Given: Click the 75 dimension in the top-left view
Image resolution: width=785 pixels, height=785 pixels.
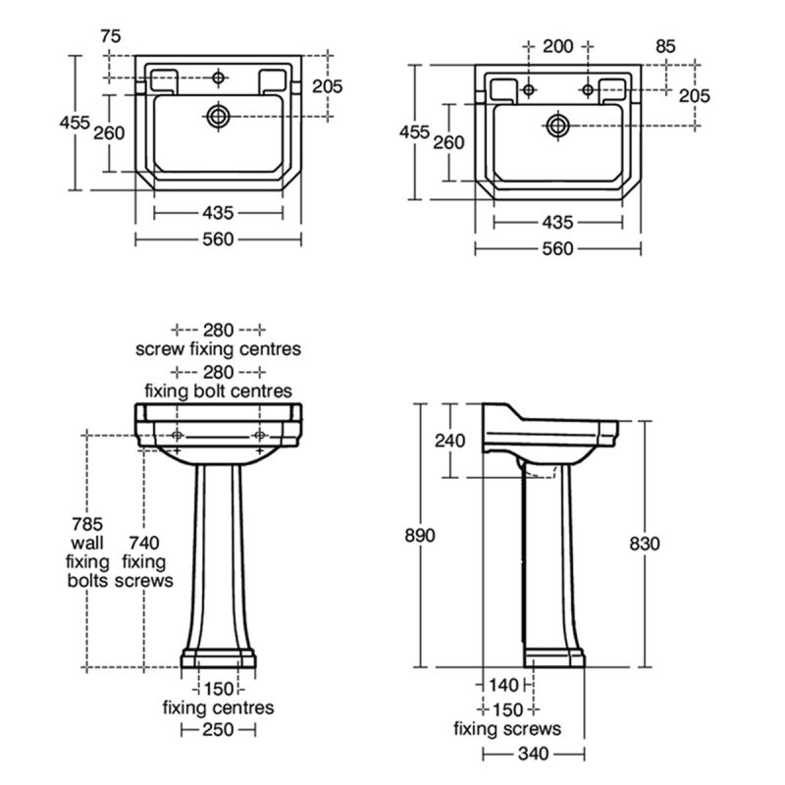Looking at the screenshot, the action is (111, 36).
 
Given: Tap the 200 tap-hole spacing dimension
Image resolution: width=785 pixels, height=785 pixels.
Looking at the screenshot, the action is (557, 46).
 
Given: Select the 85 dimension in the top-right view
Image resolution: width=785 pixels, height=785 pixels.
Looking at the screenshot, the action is (665, 46).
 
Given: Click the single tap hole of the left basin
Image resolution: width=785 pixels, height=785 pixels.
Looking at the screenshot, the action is (218, 78).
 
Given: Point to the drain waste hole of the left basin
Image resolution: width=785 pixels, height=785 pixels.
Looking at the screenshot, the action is (218, 117).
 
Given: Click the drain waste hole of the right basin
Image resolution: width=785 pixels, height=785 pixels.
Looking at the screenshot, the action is (557, 126).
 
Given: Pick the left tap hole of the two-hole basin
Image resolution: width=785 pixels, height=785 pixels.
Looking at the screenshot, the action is (528, 90).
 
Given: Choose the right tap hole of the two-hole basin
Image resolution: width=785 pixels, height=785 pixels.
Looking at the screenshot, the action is (588, 90).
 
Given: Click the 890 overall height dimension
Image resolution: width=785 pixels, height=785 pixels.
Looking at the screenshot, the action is (420, 535).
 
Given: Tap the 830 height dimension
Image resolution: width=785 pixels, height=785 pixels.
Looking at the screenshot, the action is (645, 544).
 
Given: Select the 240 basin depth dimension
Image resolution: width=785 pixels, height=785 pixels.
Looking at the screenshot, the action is (449, 441).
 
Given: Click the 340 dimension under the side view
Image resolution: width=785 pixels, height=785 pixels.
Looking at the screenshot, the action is (533, 754).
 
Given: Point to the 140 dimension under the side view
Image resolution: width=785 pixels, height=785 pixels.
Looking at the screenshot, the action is (503, 685).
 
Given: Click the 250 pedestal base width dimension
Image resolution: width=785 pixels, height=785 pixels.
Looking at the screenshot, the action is (218, 729).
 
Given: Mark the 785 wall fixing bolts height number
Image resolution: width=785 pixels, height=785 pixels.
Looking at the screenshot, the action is (87, 524).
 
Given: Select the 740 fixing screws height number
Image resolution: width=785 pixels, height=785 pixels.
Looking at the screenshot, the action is (144, 543).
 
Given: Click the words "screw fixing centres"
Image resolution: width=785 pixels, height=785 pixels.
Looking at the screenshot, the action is (218, 349).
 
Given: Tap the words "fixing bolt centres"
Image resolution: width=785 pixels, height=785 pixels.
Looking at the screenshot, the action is (218, 391).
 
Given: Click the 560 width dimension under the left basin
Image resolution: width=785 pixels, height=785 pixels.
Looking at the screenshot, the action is (218, 239).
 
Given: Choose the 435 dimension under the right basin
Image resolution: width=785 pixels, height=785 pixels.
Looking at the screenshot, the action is (557, 223).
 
